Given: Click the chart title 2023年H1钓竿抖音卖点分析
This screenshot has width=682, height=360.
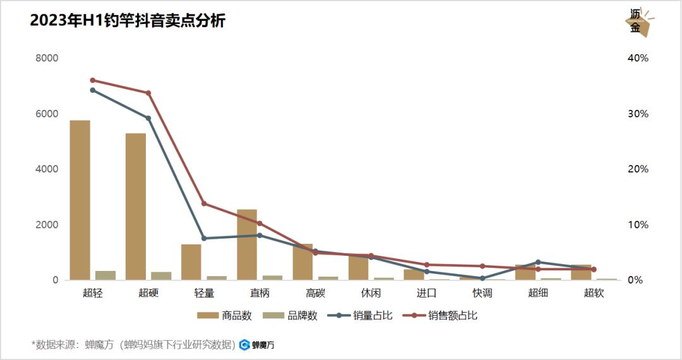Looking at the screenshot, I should [128, 21].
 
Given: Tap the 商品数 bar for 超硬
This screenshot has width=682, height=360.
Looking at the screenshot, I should [136, 207].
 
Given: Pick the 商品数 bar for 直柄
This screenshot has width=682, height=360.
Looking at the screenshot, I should [247, 244].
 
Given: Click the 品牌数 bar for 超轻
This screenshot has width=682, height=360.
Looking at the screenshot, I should [105, 275].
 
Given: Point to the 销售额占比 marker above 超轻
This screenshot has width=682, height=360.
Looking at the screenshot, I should [92, 80].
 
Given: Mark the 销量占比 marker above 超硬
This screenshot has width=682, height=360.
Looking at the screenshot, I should [148, 118].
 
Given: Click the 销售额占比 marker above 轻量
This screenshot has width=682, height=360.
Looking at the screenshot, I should [204, 203].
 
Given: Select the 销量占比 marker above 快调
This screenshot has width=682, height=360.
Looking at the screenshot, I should [482, 278].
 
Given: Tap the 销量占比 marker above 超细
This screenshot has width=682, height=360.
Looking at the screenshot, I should [538, 261].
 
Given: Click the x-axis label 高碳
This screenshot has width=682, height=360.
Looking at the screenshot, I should [315, 293].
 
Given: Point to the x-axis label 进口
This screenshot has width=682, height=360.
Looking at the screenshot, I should [427, 293].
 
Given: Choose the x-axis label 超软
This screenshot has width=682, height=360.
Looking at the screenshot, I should [594, 293].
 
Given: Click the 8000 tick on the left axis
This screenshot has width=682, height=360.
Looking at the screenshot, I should [46, 58].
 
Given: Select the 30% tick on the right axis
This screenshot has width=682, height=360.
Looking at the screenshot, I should [637, 114].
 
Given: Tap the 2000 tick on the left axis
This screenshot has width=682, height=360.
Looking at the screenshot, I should [46, 225].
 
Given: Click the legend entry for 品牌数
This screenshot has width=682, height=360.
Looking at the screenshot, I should [290, 316].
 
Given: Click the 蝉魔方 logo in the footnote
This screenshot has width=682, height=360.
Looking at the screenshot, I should [256, 345].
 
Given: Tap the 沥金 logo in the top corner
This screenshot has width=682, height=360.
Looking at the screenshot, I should [637, 21].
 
